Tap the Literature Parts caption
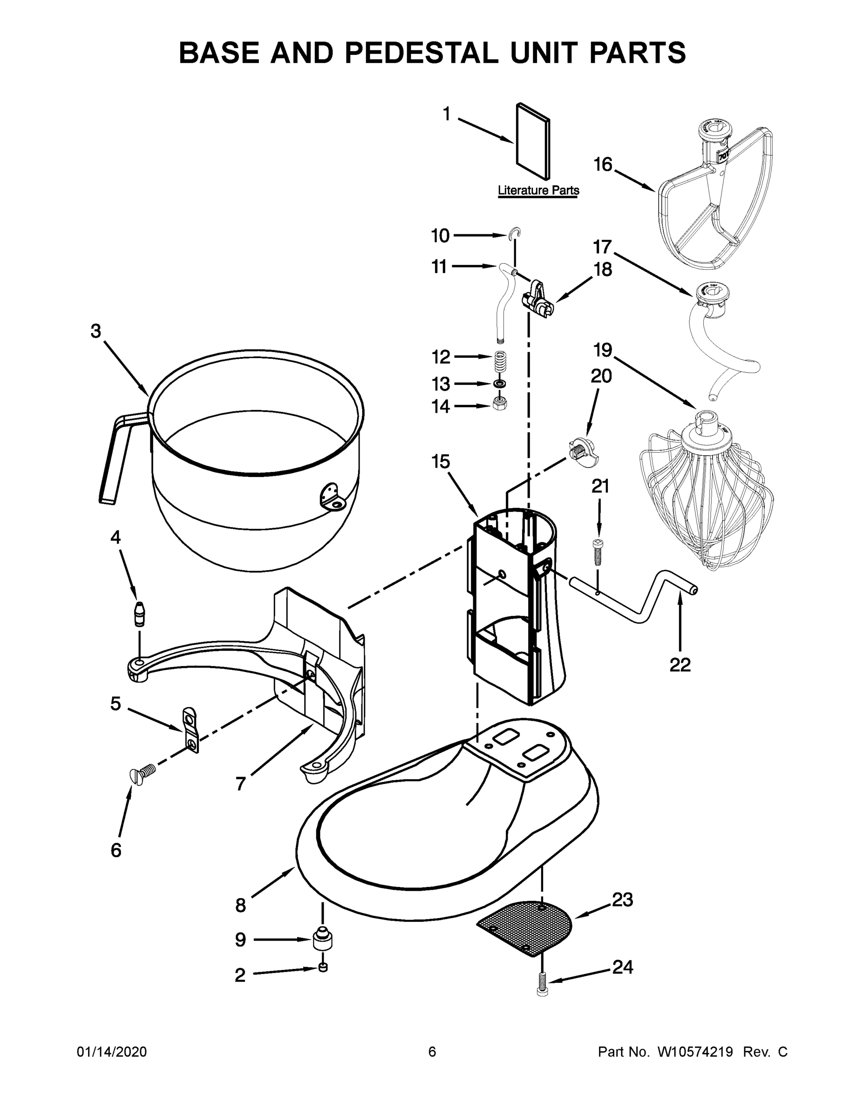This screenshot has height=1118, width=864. pos(538,191)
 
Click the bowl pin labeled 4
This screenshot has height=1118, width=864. pos(139,614)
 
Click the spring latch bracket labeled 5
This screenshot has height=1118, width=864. pos(190,730)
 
